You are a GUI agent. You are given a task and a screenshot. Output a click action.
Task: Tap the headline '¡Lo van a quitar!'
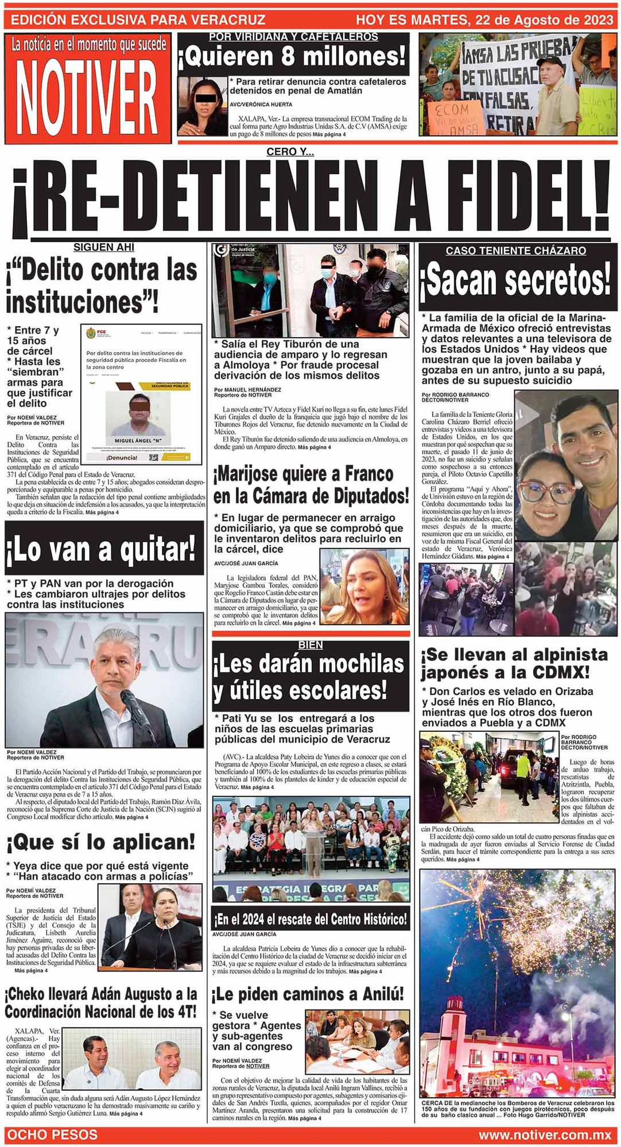[x=103, y=549]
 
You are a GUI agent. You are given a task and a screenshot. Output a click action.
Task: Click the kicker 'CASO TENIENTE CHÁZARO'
[x=516, y=251]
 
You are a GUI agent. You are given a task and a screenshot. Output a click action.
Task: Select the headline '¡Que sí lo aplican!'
[x=101, y=842]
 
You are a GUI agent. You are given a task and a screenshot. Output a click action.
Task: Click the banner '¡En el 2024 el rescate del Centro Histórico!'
[x=310, y=920]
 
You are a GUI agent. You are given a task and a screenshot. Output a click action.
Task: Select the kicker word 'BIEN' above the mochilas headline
[x=310, y=645]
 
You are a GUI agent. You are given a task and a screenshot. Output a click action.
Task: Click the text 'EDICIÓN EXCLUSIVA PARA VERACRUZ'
[x=138, y=20]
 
